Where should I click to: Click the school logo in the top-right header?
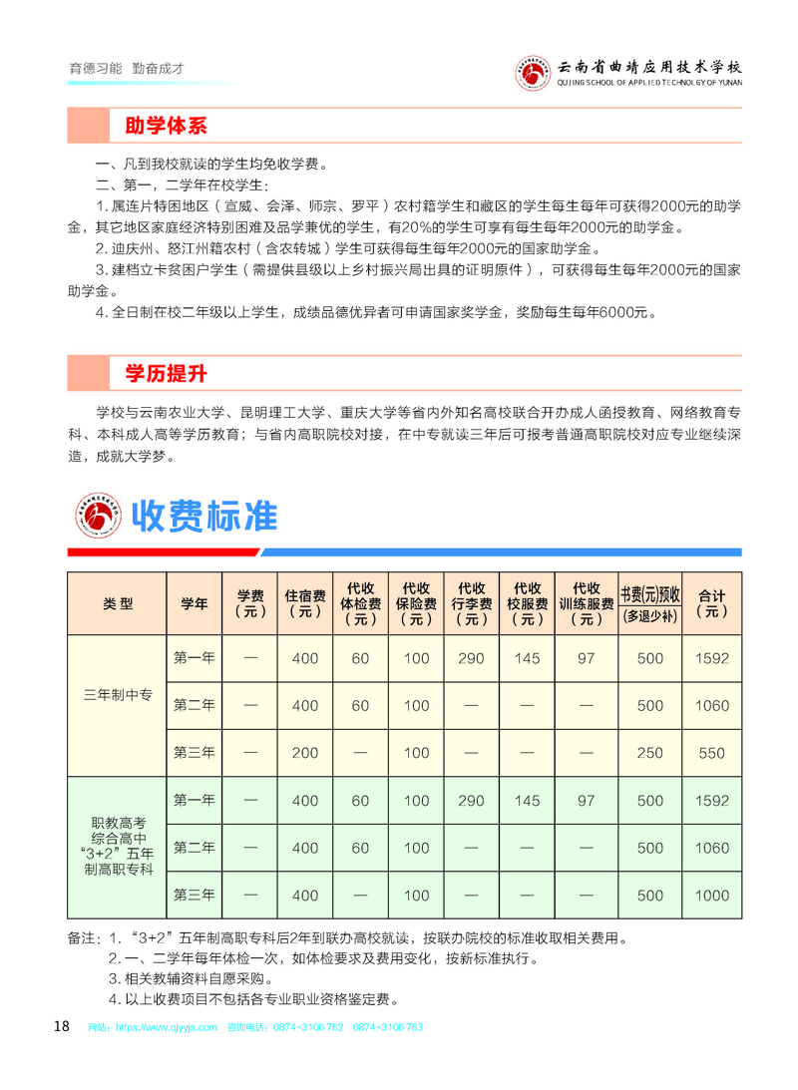pos(533,72)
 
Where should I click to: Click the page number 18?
pos(61,1027)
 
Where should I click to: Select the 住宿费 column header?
pos(304,603)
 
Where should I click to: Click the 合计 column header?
pos(711,603)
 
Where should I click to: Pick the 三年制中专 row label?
pos(118,706)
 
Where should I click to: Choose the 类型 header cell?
pos(118,603)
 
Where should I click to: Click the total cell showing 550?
pos(711,753)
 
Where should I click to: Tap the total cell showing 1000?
pos(711,896)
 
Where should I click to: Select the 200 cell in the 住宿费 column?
pos(304,753)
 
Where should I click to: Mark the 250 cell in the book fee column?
pos(649,753)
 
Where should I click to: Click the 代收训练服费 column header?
pos(587,603)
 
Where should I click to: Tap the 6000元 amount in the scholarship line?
pos(617,313)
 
